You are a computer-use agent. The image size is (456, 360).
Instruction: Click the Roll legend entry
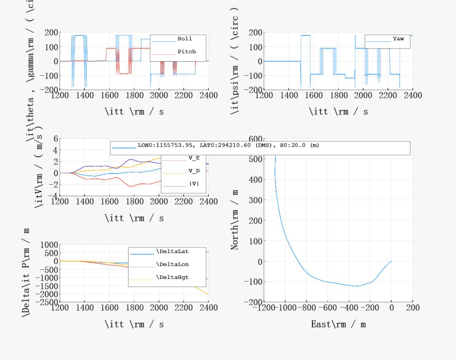pos(185,39)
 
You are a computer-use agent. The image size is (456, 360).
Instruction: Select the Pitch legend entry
pos(186,52)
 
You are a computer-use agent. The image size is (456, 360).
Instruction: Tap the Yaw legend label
pos(398,39)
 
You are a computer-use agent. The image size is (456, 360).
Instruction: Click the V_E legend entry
pos(194,158)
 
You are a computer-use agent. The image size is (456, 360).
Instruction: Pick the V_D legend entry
pos(194,171)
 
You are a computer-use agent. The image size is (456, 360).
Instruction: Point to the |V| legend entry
pos(194,184)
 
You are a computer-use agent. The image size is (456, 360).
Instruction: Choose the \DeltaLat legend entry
pos(172,251)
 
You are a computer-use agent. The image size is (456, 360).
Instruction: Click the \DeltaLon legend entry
pos(172,265)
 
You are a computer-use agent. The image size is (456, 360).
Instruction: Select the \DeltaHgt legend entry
pos(172,278)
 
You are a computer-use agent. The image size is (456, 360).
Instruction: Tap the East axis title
pos(338,324)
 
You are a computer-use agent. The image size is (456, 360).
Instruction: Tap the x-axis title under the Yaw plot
pos(338,112)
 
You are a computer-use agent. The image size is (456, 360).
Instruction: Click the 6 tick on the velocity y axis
pos(54,139)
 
